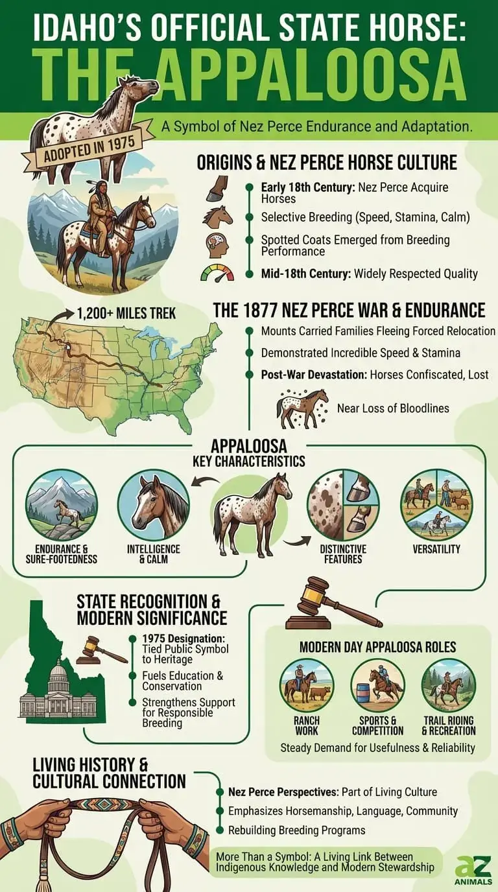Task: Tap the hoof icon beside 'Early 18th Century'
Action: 217,188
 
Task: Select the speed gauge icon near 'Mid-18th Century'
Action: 217,273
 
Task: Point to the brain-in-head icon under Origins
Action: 217,245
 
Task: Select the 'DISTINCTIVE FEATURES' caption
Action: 343,554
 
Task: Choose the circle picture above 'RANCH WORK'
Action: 307,685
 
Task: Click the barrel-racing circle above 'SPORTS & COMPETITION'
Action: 378,685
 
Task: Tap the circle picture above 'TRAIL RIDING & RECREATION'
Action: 449,685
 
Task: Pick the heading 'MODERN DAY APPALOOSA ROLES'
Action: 377,647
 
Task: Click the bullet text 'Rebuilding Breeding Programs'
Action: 296,830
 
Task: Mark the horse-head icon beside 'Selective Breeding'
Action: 217,216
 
